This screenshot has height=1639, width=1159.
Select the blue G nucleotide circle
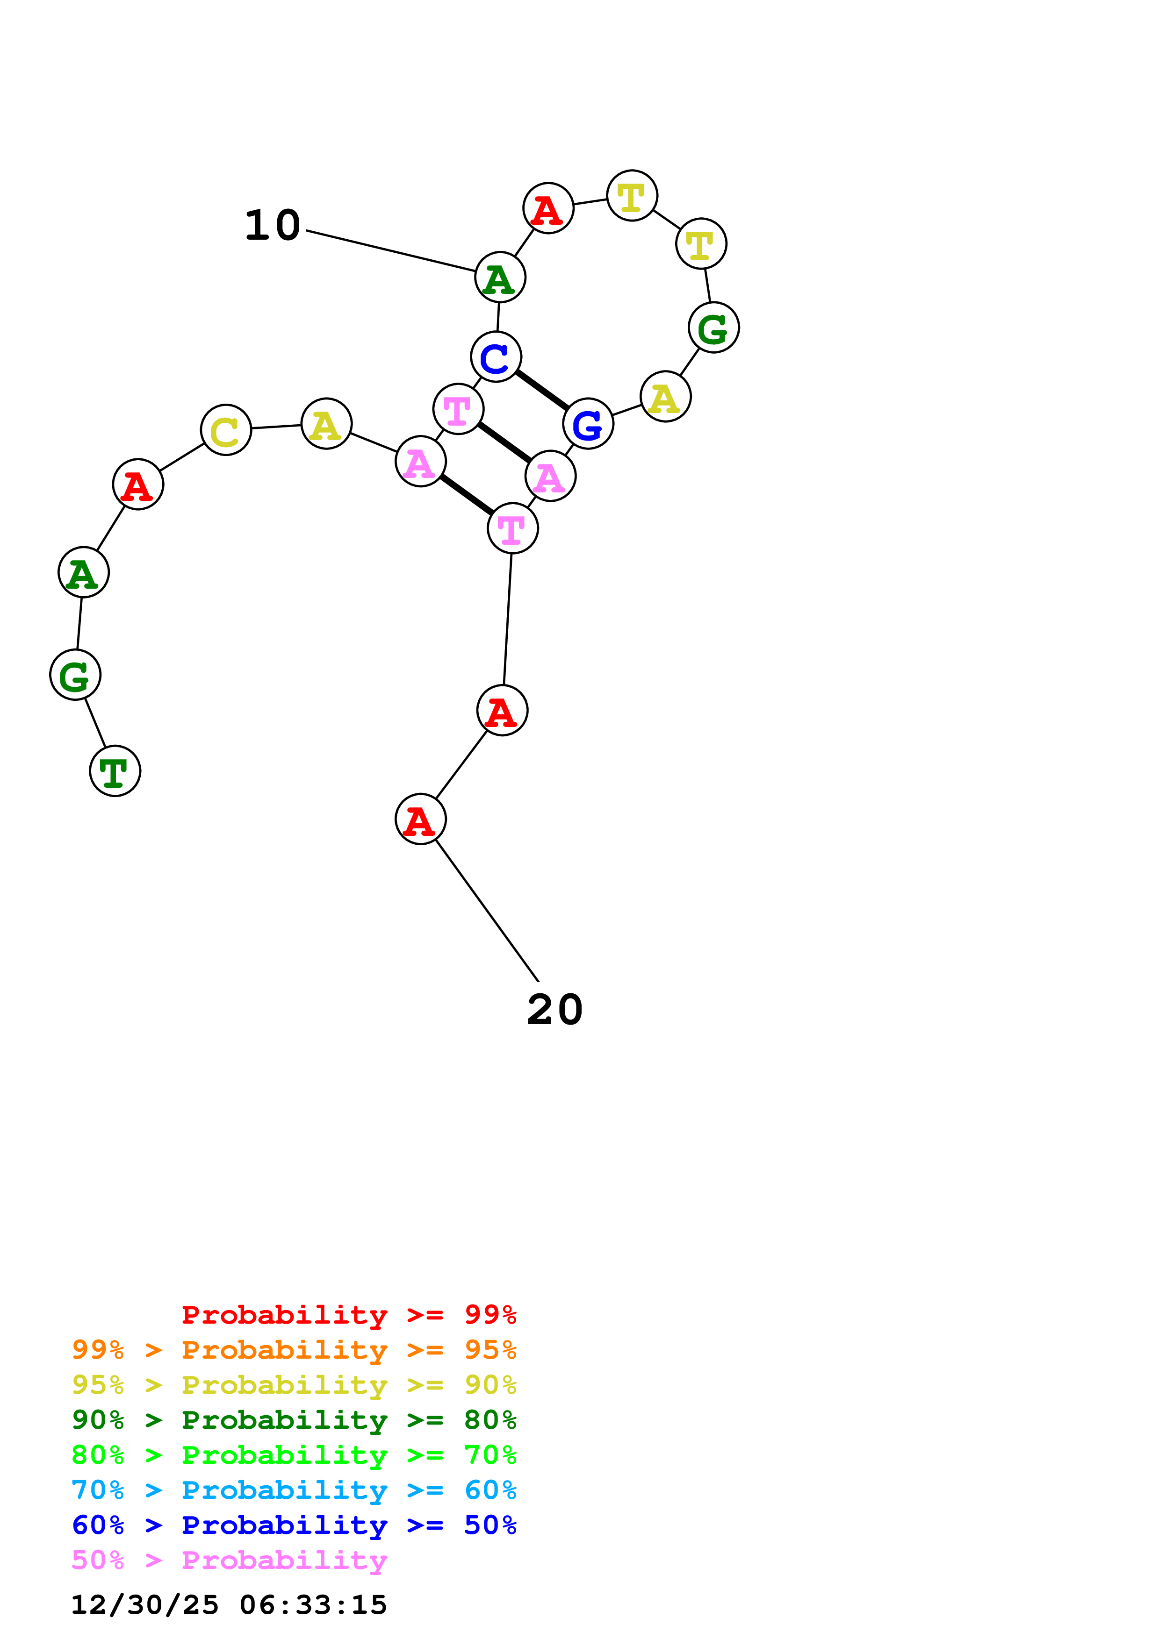(588, 424)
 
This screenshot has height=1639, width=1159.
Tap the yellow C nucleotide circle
(226, 430)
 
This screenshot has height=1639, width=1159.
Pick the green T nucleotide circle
(115, 771)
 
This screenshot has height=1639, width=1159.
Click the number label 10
(272, 226)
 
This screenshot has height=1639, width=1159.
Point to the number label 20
(555, 1010)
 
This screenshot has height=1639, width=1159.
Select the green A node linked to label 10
(500, 277)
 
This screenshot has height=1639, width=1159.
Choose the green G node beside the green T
(75, 675)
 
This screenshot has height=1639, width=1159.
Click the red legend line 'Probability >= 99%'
(349, 1315)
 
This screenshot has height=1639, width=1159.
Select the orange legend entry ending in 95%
(294, 1350)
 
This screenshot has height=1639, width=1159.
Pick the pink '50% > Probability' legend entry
(229, 1561)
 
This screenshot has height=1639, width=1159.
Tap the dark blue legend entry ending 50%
(294, 1525)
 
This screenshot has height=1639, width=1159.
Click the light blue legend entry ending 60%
(294, 1490)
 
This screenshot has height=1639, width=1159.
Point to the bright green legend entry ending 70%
(294, 1455)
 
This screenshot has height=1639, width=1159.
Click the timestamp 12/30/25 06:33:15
(229, 1605)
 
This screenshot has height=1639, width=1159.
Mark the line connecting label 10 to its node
(390, 251)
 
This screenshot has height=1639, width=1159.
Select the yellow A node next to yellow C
(326, 424)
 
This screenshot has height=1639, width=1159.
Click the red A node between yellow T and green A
(548, 208)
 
